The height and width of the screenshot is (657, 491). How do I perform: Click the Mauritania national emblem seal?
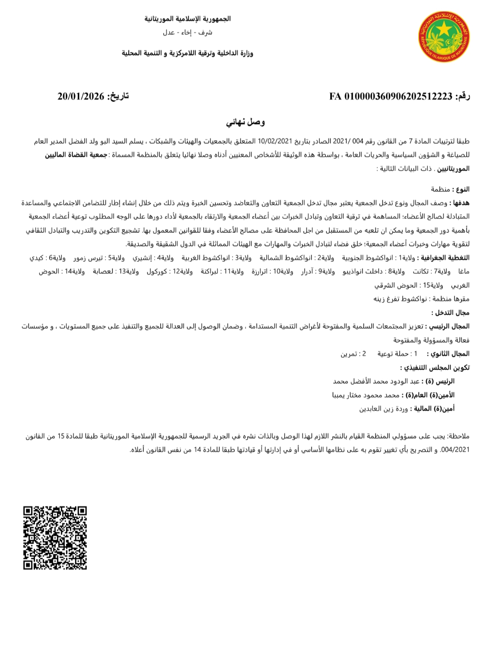tap(444, 37)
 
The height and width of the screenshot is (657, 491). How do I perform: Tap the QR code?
tap(55, 538)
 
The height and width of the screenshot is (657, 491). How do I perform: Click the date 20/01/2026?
tap(81, 96)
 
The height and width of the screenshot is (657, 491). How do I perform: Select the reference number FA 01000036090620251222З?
tap(391, 96)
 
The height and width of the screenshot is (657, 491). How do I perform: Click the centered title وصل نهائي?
tap(245, 122)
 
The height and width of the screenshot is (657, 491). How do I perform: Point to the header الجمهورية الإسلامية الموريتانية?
tap(188, 19)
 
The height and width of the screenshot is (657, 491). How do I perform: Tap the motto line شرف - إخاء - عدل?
tap(188, 33)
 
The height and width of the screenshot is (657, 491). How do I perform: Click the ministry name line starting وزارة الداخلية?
tap(187, 53)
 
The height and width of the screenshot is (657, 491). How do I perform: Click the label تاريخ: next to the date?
tap(118, 96)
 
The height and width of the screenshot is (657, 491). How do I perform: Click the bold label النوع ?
tap(461, 189)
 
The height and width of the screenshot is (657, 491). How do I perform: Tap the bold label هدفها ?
tap(459, 203)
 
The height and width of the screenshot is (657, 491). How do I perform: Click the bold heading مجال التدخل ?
tap(451, 313)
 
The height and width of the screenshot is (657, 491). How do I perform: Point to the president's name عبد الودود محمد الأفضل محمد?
tap(376, 381)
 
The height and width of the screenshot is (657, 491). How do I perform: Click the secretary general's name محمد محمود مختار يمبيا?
tap(366, 395)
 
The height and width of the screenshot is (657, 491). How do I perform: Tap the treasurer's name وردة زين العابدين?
tap(383, 408)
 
